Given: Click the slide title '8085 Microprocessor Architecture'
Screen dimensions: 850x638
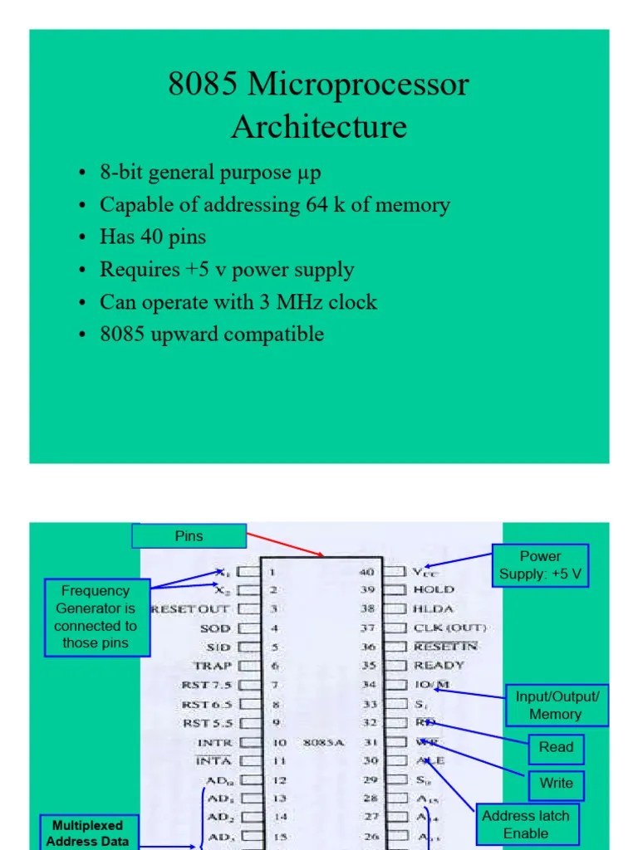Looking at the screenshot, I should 319,105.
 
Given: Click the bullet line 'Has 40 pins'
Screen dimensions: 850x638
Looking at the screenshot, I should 153,237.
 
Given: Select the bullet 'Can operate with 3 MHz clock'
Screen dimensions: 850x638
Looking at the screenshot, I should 238,302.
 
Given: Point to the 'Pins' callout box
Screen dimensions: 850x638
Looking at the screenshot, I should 189,536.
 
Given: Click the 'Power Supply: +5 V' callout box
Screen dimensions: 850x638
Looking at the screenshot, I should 540,565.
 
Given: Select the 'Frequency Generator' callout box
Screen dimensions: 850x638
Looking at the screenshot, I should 96,618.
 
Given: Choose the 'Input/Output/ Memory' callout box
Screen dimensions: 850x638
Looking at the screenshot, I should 556,705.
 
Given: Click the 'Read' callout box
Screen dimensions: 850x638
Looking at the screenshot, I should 556,747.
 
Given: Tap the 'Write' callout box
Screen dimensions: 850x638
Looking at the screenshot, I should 556,783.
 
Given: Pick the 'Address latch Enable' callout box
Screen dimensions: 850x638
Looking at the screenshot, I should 526,824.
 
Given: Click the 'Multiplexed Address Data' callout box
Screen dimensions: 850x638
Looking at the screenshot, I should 87,833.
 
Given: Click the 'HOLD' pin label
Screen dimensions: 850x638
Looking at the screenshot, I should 434,590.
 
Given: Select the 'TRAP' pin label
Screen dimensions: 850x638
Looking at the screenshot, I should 213,666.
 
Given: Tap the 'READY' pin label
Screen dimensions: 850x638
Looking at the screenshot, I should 439,665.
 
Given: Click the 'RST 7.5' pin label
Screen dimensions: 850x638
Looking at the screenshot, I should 207,685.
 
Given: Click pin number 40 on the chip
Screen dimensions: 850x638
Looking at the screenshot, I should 367,572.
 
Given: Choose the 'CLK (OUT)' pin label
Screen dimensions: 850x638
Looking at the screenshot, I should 450,628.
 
